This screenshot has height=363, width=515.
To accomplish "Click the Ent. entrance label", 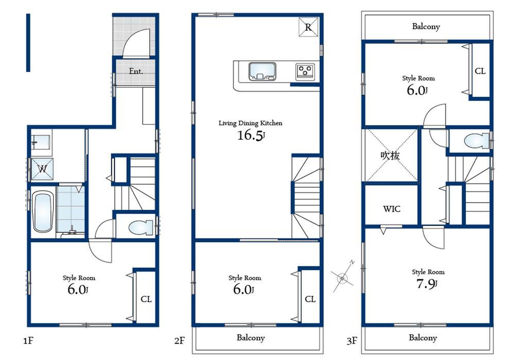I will tap(135, 71).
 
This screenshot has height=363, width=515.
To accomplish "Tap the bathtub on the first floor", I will tap(43, 211).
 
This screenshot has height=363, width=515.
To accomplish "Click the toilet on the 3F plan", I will tap(473, 140).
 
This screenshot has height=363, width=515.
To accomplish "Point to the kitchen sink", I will tap(262, 72).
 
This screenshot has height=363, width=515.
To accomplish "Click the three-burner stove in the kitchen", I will tap(305, 71).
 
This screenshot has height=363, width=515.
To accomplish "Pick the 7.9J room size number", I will tap(427, 283).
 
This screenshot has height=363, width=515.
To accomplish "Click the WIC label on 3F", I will tap(391, 209).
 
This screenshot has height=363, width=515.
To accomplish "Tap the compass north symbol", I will tap(343, 278).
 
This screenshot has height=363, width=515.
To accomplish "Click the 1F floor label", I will tap(29, 340).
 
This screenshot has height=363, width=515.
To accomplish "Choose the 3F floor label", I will tap(352, 340).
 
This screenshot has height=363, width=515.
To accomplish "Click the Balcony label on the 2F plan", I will tap(251, 338).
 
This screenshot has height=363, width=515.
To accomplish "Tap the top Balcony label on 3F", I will tap(426, 26).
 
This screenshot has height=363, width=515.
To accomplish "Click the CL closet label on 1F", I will tap(146, 299).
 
